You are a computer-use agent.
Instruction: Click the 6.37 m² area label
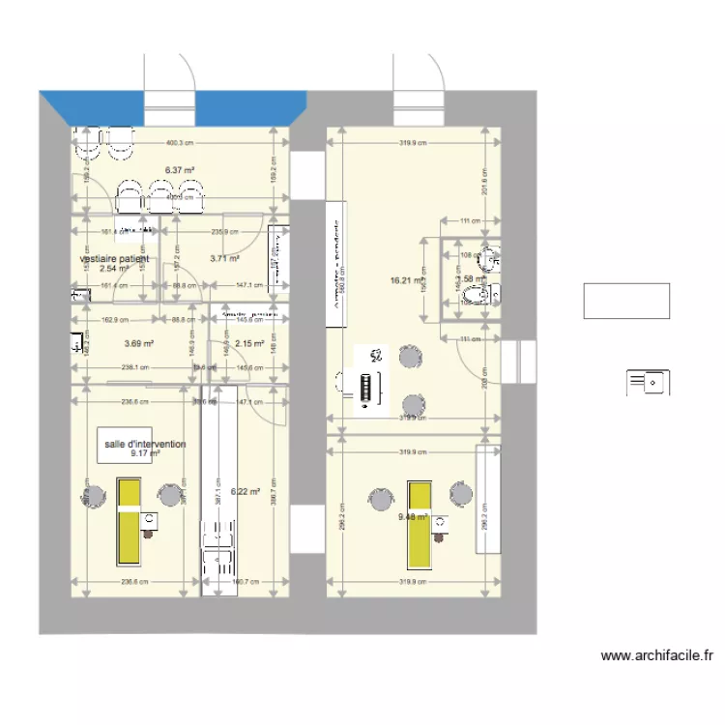(x=180, y=171)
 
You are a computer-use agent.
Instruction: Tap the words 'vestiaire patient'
(x=115, y=259)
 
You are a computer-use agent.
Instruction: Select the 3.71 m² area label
(x=223, y=259)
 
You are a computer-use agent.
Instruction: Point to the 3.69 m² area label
(x=140, y=343)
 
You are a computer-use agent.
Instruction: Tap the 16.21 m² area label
(x=407, y=281)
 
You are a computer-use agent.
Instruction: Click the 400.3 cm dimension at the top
(x=181, y=138)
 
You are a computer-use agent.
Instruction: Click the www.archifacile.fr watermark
(x=656, y=655)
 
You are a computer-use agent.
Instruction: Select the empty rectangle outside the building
(x=626, y=301)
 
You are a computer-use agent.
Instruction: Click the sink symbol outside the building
(x=647, y=383)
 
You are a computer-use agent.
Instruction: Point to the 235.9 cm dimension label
(x=225, y=232)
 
